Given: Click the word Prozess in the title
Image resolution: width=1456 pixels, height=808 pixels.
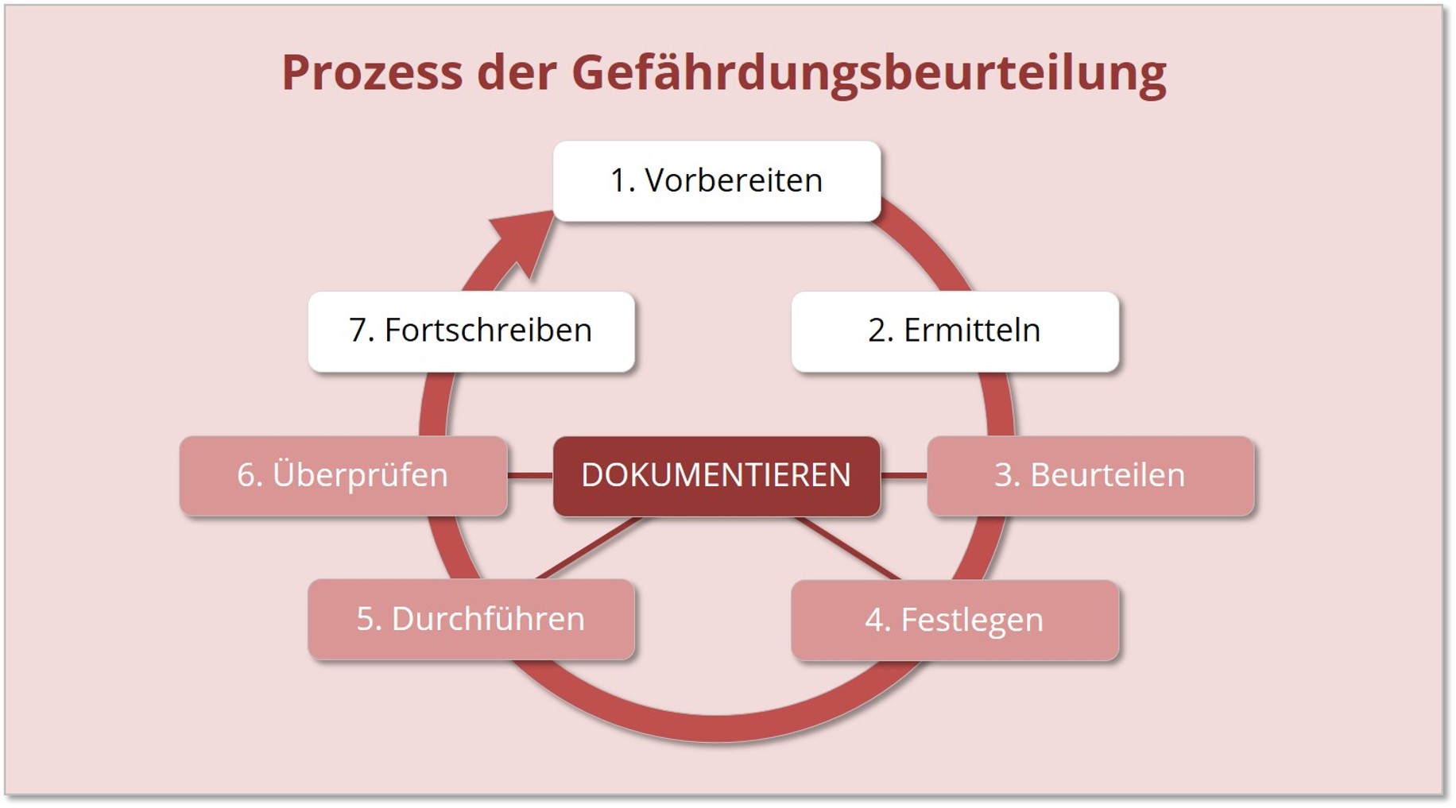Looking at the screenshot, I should click(371, 72).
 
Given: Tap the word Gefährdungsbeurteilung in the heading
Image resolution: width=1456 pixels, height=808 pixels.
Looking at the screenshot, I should click(868, 72).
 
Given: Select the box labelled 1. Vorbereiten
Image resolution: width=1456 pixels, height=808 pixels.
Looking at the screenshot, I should click(716, 181).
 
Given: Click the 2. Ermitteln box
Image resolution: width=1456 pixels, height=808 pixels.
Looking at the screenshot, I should click(955, 331).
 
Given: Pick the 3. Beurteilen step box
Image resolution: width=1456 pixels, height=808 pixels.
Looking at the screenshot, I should click(1090, 475).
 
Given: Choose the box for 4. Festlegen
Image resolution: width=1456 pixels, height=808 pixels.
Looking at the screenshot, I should click(955, 620).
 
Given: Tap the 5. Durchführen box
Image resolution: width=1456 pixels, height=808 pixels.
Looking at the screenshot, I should click(470, 619).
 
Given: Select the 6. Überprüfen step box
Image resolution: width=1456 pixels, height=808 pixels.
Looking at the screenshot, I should click(343, 475).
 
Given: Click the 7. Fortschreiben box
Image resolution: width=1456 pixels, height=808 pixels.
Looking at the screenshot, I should click(470, 331).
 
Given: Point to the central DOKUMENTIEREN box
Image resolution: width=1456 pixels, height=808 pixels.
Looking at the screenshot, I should click(716, 475).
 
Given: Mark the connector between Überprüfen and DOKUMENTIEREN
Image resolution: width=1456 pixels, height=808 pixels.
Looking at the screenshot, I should click(530, 475).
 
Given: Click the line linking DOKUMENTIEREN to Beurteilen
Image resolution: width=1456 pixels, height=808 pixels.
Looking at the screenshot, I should click(904, 475).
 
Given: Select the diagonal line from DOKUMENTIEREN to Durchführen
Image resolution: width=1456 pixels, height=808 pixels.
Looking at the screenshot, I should click(589, 548).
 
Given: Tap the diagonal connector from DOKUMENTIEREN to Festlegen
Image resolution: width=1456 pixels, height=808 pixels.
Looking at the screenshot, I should click(847, 548).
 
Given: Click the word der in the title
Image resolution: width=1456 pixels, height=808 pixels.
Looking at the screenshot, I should click(516, 72).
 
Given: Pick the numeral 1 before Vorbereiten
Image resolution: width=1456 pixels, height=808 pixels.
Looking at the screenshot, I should click(618, 181).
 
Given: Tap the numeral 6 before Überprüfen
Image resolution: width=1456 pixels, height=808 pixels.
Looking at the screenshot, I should click(246, 475).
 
